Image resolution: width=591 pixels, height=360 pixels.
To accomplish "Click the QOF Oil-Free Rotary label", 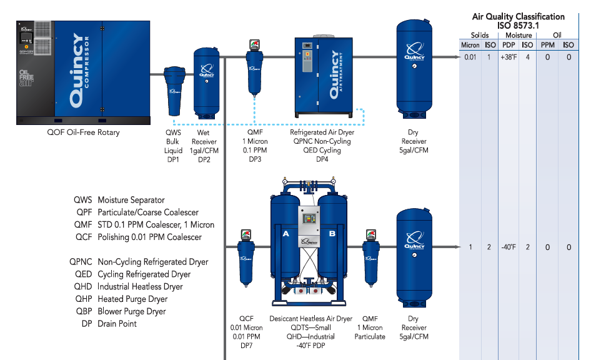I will coord(83,132).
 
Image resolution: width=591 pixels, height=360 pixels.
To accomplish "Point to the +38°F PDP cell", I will coord(509,57).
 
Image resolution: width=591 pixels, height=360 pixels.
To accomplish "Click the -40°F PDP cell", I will coord(509,247).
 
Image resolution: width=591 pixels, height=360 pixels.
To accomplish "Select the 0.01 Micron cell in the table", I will coord(470,57).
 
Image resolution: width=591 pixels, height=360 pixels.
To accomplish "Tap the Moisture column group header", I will coord(518,35).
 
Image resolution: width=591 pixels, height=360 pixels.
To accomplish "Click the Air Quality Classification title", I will coord(519,17).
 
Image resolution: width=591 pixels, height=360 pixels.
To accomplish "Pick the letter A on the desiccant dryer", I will coord(286,233).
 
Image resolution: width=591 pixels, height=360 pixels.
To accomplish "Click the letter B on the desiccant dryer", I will coord(332,233).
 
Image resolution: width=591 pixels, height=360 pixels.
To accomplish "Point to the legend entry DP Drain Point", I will coord(109,324).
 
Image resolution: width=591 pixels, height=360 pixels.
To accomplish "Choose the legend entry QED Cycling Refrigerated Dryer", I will coord(129,274).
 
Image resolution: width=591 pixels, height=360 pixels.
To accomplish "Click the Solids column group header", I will coord(480,35).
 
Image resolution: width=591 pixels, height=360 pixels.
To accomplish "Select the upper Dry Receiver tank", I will coord(413,69).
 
